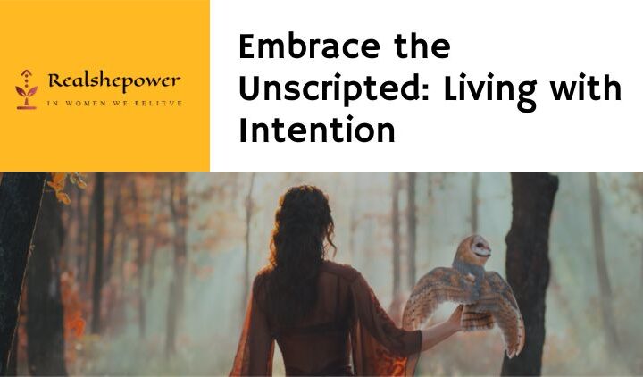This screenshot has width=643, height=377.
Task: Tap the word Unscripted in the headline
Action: [x=331, y=89]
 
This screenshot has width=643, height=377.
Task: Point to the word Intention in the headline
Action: [x=316, y=131]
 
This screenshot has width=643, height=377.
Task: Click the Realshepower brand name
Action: [x=113, y=82]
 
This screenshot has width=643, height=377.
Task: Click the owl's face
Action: [x=480, y=247]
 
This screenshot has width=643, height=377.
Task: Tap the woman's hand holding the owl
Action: [x=455, y=314]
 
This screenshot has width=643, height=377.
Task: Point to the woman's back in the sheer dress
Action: [x=308, y=313]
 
